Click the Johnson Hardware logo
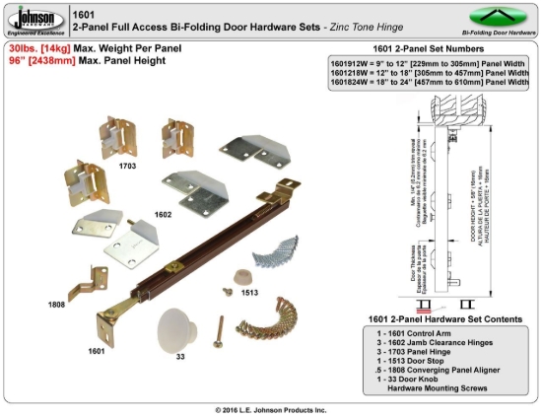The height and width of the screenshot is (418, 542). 34,20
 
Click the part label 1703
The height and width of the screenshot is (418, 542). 127,168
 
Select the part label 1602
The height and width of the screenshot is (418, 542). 163,213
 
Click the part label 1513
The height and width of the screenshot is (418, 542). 251,292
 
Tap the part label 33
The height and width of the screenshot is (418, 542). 179,357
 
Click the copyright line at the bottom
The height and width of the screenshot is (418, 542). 270,408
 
